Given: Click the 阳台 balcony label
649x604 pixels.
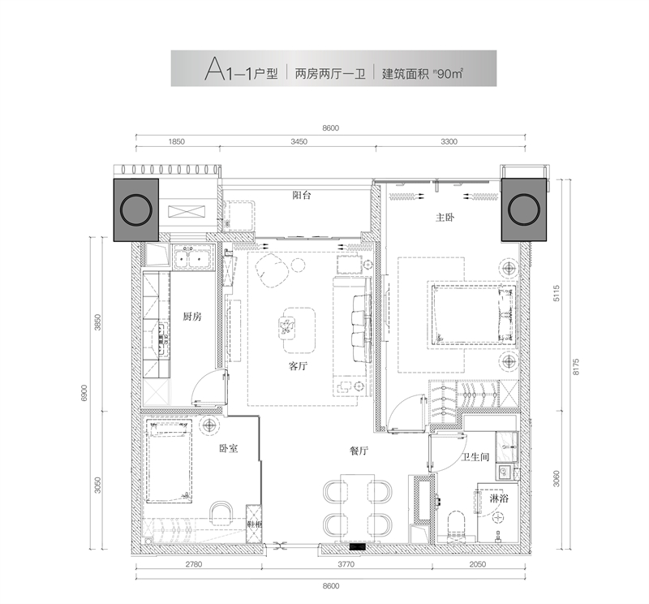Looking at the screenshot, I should point(303,196).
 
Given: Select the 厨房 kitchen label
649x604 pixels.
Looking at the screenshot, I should point(191,317).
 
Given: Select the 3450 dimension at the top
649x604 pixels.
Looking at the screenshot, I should point(298,141).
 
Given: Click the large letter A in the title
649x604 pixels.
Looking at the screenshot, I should point(214,69).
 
